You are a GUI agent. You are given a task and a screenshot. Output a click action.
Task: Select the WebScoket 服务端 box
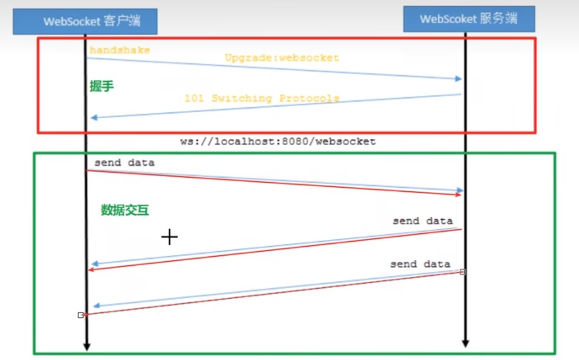[x=469, y=19]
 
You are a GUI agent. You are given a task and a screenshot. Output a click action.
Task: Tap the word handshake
[x=119, y=50]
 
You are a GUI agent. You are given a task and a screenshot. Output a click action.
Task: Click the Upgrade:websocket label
[x=282, y=58]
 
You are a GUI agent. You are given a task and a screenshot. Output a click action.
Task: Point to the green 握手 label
[x=101, y=87]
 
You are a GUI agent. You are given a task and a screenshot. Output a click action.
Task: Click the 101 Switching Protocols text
[x=262, y=98]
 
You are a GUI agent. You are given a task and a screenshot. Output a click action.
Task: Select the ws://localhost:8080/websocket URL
[x=277, y=142]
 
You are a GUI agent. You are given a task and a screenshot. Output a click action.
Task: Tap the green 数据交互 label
[x=125, y=210]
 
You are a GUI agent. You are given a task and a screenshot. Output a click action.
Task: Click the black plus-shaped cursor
[x=169, y=237]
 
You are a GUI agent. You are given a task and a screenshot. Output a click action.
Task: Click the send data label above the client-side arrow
[x=124, y=163]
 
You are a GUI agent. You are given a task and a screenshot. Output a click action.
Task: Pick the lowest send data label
[x=420, y=264]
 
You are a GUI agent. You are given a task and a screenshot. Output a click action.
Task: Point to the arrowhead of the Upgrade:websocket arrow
[x=458, y=79]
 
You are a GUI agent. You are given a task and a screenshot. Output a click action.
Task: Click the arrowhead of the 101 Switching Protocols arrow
[x=94, y=117]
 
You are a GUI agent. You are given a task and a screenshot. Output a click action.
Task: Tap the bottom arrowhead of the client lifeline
[x=86, y=347]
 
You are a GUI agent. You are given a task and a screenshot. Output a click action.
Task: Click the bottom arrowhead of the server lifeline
[x=465, y=343]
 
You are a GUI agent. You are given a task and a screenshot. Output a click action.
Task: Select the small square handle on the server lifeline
[x=462, y=272]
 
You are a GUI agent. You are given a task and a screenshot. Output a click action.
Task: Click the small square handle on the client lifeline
[x=81, y=315]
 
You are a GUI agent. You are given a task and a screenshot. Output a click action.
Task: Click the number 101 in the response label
[x=194, y=98]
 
